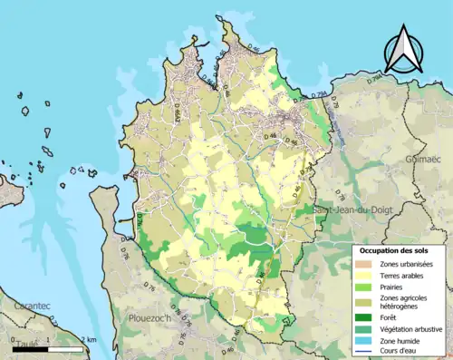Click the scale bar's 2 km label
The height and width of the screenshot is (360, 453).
(x=90, y=339)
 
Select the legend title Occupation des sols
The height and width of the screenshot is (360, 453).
(x=397, y=250)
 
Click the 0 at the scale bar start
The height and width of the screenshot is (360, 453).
(x=14, y=339)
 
